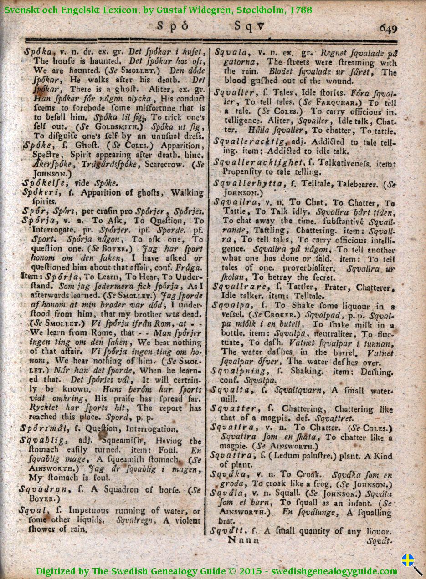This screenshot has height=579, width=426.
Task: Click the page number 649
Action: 388,28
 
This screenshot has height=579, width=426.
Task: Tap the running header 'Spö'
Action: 172,26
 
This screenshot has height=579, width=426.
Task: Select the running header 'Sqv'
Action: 249,26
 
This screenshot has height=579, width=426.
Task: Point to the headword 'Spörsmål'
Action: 43,428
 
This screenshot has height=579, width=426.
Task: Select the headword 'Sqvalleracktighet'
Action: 258,162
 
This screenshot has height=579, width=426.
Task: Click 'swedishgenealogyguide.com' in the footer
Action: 334,571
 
